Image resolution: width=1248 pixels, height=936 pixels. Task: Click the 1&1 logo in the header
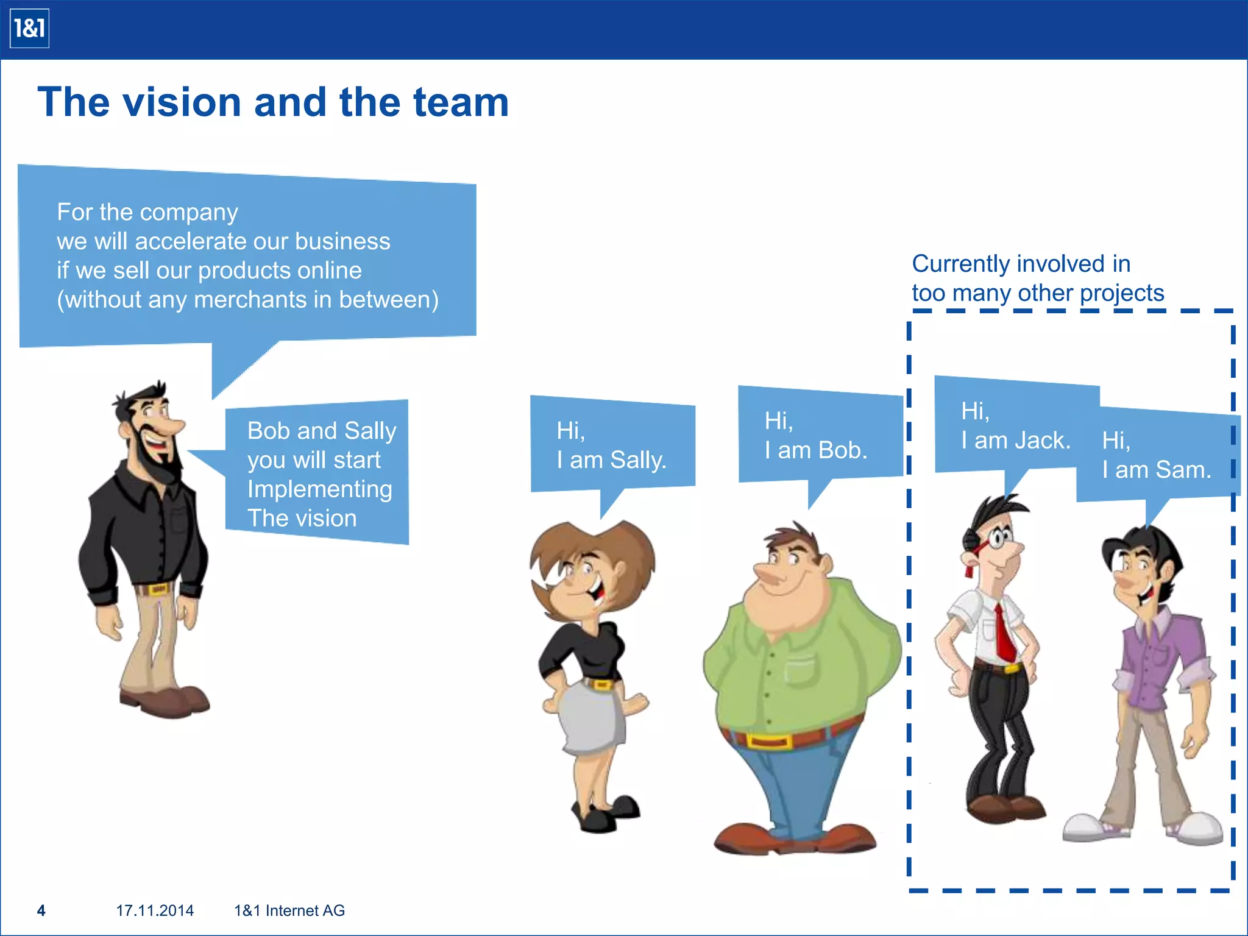[x=29, y=29]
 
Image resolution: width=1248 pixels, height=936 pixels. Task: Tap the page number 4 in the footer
[x=41, y=910]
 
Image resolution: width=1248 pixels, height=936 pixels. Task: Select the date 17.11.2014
[x=155, y=910]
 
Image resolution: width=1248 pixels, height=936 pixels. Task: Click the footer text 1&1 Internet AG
[x=289, y=910]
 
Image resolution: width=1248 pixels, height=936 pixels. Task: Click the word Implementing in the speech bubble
[x=319, y=489]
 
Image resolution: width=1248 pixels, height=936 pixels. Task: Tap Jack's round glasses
[x=999, y=538]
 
